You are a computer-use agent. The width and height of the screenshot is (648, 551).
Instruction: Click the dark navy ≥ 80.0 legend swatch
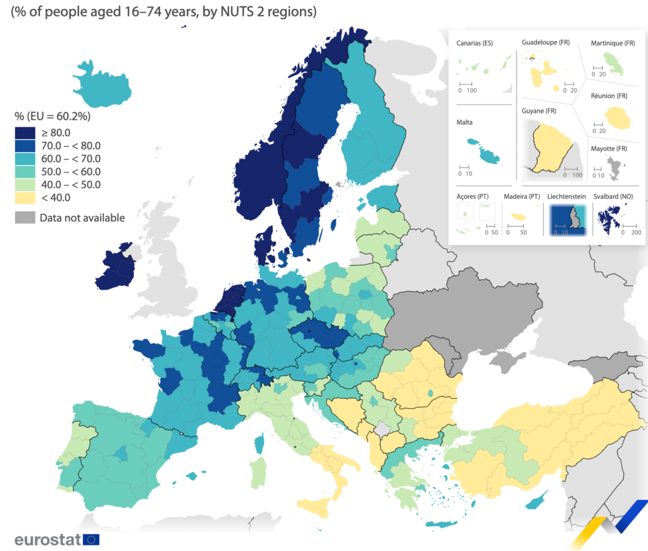[x=25, y=133]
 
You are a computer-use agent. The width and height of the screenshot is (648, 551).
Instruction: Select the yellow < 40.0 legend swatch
[x=25, y=198]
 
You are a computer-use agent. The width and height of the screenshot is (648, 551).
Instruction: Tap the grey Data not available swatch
[x=25, y=218]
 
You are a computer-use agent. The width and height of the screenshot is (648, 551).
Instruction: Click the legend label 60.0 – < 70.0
[x=71, y=159]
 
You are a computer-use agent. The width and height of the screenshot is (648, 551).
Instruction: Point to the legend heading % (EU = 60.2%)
[x=53, y=117]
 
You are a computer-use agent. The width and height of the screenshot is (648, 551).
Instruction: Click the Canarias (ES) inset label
[x=475, y=43]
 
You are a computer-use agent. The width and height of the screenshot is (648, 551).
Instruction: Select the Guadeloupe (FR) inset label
[x=545, y=42]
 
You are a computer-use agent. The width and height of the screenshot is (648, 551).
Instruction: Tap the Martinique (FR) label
[x=613, y=43]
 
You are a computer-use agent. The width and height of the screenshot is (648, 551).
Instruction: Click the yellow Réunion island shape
[x=618, y=118]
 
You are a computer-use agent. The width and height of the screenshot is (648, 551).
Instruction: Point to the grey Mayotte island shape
[x=615, y=168]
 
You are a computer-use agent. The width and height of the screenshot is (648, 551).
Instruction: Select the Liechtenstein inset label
[x=566, y=196]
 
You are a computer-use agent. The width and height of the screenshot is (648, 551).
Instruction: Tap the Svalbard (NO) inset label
[x=613, y=196]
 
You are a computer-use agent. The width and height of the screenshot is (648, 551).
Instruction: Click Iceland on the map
[x=101, y=85]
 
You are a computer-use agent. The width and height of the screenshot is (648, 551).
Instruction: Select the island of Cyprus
[x=537, y=501]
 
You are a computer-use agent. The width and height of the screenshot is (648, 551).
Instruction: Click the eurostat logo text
[x=47, y=540]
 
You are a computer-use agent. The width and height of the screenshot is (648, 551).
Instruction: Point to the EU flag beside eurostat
[x=91, y=540]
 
